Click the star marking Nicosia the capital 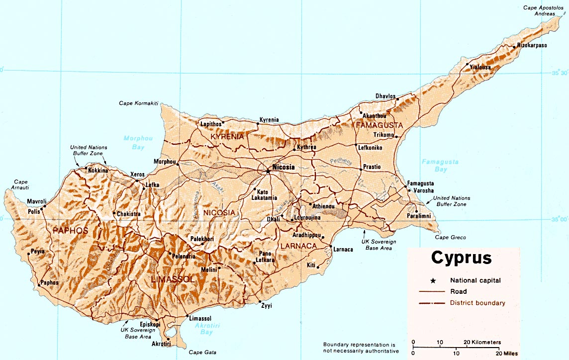[x=268, y=171]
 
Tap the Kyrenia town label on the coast [x=269, y=120]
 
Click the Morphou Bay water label [x=131, y=143]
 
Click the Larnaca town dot [x=331, y=246]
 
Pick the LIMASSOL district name [x=172, y=280]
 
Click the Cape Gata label [x=203, y=353]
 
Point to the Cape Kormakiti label [x=138, y=103]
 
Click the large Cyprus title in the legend [x=461, y=258]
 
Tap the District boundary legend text [x=477, y=303]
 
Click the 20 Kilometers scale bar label [x=482, y=343]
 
